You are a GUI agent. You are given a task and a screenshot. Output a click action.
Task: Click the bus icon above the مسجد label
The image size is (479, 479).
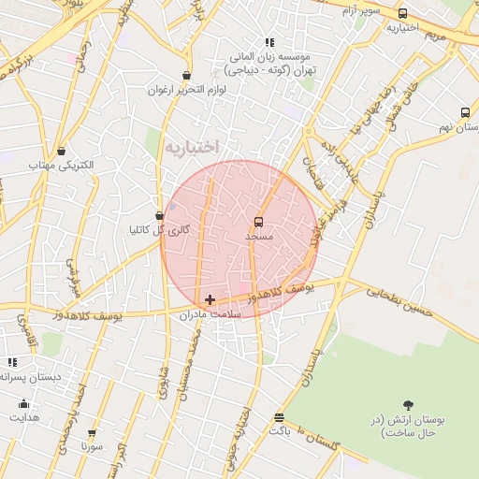[258, 222]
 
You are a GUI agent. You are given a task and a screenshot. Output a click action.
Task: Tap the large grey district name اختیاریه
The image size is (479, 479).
[190, 147]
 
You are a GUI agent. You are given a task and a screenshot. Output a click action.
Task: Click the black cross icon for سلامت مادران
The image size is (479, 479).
[210, 300]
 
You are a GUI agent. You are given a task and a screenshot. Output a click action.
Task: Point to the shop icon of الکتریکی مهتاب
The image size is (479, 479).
[61, 151]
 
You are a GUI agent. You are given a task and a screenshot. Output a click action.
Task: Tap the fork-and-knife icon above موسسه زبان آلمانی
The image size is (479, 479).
[269, 42]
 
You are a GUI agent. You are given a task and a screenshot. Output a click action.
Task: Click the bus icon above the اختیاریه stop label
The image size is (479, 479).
[402, 14]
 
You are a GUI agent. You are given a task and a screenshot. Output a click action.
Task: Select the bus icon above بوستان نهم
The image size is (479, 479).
[465, 111]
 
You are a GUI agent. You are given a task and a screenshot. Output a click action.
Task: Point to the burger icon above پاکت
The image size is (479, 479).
[279, 416]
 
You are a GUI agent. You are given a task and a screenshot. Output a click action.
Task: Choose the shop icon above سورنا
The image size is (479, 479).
[92, 433]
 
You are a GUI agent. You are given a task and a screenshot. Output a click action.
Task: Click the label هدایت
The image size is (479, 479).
[24, 417]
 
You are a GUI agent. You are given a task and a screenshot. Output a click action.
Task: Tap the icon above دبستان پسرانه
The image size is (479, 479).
[12, 362]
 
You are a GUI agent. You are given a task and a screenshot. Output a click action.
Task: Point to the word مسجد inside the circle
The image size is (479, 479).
[258, 238]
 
